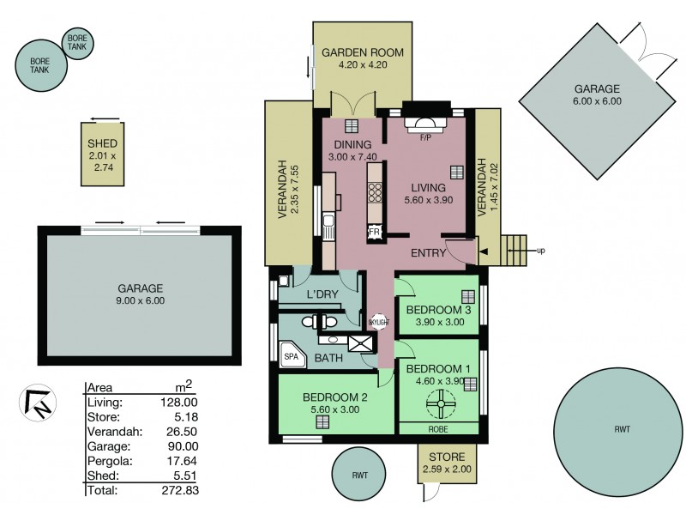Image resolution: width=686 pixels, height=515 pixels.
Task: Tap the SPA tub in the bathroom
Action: [292, 353]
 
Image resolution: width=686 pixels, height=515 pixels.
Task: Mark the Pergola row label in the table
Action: [105, 461]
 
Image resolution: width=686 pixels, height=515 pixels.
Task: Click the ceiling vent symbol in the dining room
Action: [350, 124]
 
